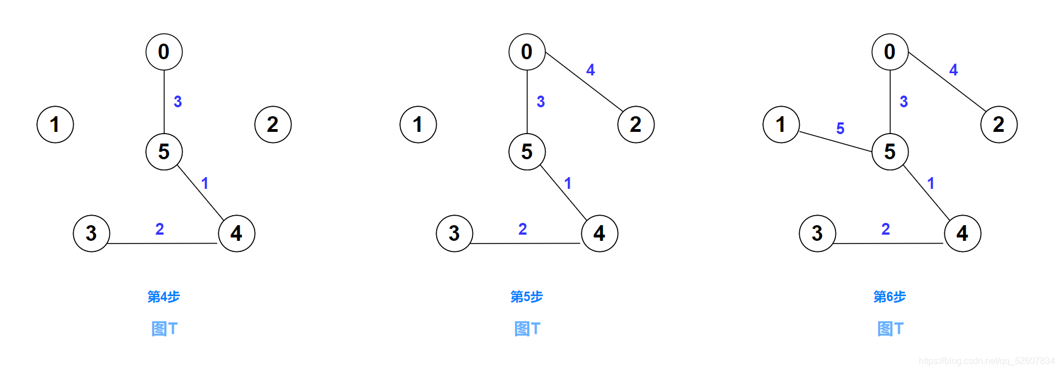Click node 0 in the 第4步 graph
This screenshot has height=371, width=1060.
pos(164,52)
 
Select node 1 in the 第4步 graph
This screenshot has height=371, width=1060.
pos(55,124)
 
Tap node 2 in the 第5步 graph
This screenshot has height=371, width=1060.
pos(636,124)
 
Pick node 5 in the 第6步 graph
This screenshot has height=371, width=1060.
pos(890,151)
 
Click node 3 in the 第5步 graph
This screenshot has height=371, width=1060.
pos(454,233)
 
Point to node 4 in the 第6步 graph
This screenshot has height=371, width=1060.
pos(962,233)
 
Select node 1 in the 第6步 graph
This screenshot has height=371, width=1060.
pos(781,124)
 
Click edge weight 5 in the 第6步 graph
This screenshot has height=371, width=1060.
pos(840,129)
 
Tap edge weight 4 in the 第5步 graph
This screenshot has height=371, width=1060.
pos(590,70)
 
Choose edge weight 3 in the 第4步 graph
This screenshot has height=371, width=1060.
pos(178,102)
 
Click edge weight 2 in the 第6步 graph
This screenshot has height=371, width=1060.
pos(885,229)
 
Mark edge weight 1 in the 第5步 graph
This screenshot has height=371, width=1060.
pos(567,183)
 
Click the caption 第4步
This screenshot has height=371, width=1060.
pos(164,297)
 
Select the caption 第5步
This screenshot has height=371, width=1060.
pos(527,297)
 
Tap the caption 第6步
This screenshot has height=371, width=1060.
pos(890,297)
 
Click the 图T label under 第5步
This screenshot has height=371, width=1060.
pos(527,329)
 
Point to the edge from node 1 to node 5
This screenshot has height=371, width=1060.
pos(835,141)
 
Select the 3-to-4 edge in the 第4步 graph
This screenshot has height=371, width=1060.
pos(162,243)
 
